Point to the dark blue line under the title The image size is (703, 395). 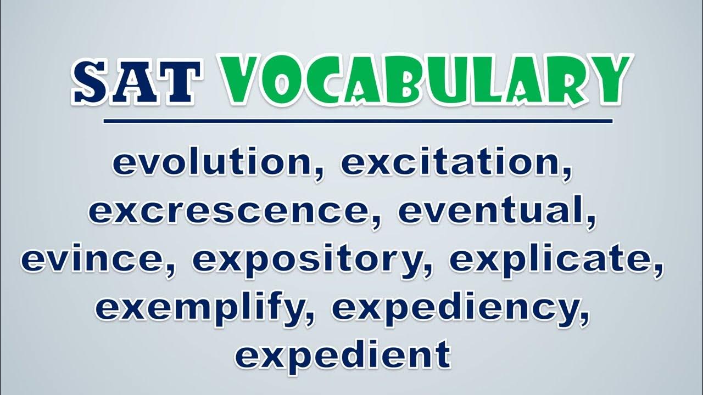(358, 121)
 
